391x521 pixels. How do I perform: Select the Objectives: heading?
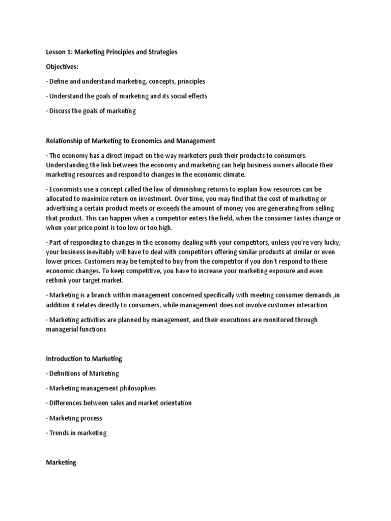(x=63, y=67)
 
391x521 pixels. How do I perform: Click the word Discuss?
(x=62, y=111)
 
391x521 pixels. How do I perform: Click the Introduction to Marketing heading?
(x=84, y=359)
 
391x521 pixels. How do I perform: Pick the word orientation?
(x=173, y=403)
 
